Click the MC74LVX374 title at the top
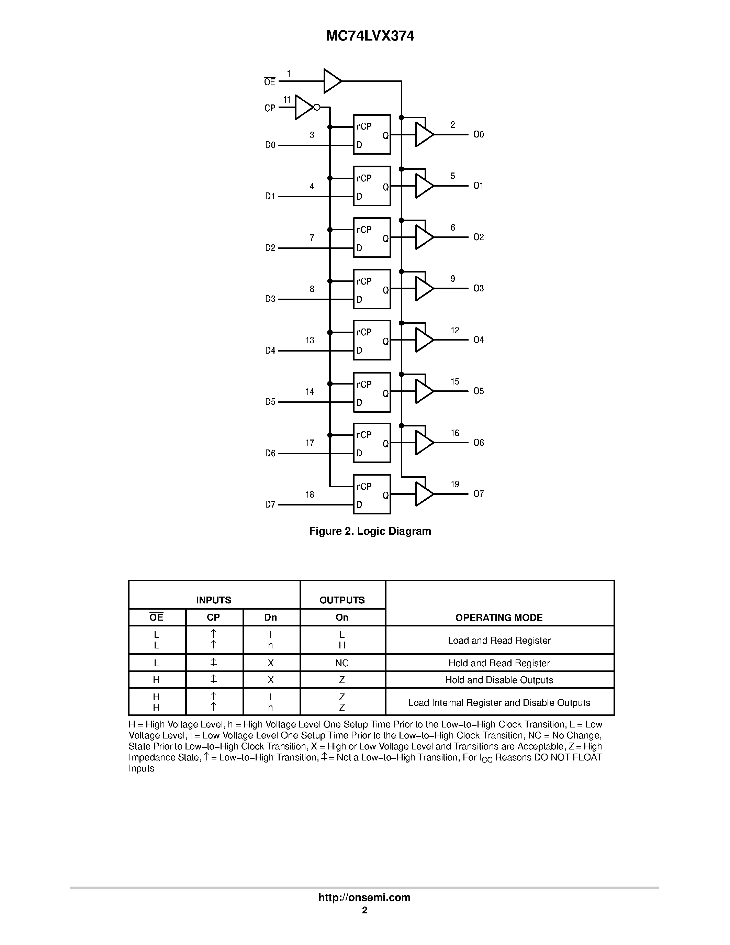click(370, 36)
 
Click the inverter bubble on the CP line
click(317, 107)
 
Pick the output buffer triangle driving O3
click(423, 289)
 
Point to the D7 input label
click(270, 504)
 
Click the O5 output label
click(478, 391)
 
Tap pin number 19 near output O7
click(455, 484)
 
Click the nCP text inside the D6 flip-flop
click(364, 435)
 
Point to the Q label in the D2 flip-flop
click(386, 238)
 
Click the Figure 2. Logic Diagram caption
click(370, 531)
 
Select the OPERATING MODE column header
click(499, 618)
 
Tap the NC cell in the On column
click(342, 663)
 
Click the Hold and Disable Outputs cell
click(499, 680)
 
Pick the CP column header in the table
click(214, 618)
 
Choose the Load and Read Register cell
click(499, 641)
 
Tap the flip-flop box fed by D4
click(372, 340)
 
